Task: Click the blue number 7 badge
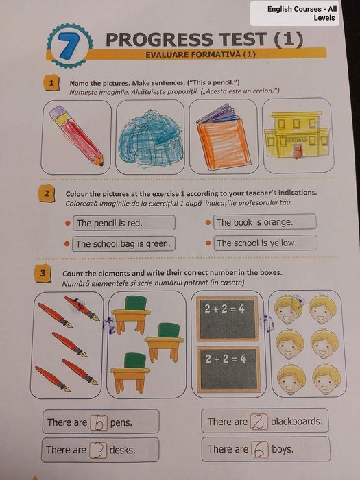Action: (x=70, y=45)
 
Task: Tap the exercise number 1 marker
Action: (x=51, y=83)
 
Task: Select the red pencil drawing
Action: (x=75, y=135)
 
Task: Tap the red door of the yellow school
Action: (x=296, y=152)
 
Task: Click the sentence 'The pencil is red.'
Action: (x=110, y=223)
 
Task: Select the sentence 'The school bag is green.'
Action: (x=123, y=244)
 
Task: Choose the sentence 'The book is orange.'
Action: (x=254, y=222)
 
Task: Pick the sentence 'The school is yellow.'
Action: (x=257, y=243)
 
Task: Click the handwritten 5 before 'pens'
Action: (x=99, y=422)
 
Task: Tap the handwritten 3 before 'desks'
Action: (x=99, y=451)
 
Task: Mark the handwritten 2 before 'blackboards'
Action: (x=259, y=422)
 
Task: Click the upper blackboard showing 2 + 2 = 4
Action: (x=228, y=318)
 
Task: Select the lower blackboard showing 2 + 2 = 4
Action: (x=228, y=369)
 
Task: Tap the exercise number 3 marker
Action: (x=43, y=273)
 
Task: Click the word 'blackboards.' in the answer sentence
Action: (x=297, y=421)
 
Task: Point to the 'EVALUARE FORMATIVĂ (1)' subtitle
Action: (x=200, y=54)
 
